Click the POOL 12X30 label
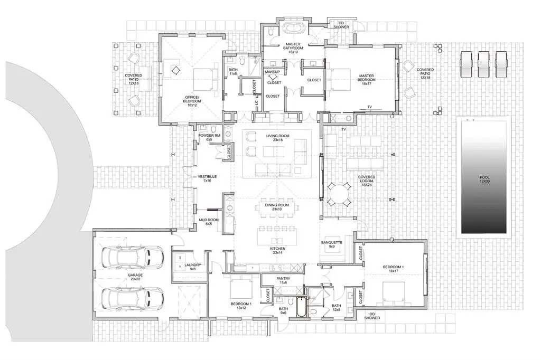point(484,179)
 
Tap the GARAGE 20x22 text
point(135,277)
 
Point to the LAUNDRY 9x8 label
point(192,267)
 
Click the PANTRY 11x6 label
point(283,280)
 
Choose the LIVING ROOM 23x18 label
point(278,138)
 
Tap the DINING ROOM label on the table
point(277,207)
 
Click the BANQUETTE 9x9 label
point(332,244)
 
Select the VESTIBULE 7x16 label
point(207,178)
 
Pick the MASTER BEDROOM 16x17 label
point(366,78)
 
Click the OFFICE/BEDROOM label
point(193,99)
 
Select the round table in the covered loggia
point(339,194)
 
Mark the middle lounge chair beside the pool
point(484,64)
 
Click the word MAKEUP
point(272,72)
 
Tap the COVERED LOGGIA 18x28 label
point(367,181)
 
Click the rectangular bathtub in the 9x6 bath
point(301,307)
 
